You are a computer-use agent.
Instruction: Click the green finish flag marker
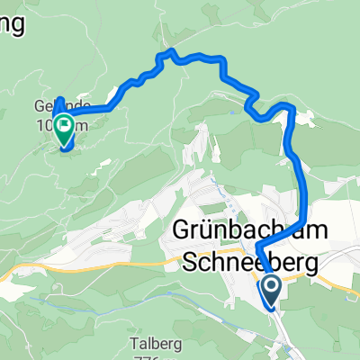65,130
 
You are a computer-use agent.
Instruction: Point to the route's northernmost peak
167,53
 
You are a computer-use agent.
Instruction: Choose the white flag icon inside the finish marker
65,126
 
